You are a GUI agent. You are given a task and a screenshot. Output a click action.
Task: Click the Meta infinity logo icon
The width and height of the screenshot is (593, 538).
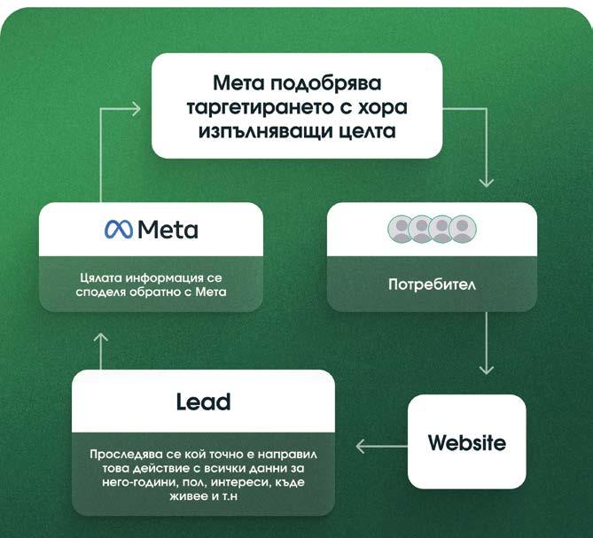[118, 230]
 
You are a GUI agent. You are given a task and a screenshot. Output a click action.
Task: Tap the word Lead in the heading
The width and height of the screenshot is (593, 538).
[203, 402]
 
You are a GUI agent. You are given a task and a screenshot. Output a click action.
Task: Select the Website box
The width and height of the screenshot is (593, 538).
[466, 442]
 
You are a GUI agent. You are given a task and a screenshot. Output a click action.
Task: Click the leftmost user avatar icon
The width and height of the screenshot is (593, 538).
[402, 230]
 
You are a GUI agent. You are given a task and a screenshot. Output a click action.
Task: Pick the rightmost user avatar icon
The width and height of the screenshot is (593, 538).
[462, 230]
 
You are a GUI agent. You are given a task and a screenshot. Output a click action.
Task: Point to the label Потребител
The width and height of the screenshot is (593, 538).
[431, 285]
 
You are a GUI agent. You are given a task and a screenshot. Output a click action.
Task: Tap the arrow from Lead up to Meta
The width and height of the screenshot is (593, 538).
[100, 350]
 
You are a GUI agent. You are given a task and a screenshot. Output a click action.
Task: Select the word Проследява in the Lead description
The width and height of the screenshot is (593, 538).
[126, 456]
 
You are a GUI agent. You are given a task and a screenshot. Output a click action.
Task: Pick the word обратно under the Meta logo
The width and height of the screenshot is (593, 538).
[166, 291]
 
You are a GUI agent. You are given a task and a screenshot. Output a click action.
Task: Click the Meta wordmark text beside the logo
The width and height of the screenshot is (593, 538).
[168, 230]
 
